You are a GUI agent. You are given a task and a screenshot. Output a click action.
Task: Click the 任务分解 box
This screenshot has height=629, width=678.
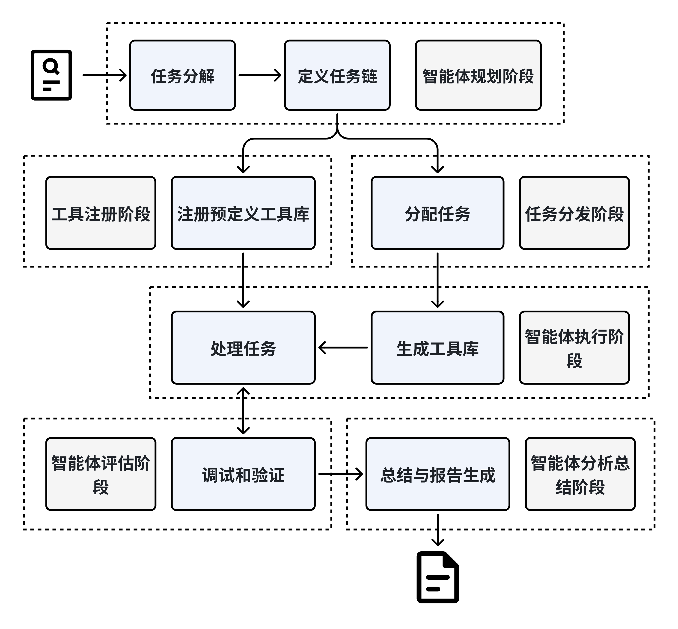182,75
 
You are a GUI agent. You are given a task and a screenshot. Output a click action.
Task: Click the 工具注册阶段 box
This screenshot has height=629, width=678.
101,213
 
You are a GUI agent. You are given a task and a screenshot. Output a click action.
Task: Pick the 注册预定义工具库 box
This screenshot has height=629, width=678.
243,213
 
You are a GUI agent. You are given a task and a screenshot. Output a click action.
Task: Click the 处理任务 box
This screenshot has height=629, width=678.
243,347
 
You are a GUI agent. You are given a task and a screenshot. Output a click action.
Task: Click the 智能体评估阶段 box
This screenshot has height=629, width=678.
101,474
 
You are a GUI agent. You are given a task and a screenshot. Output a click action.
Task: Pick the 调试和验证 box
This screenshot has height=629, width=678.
243,474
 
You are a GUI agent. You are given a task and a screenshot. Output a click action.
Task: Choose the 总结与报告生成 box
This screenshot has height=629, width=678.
437,474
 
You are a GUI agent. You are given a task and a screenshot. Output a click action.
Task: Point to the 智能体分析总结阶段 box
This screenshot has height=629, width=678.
580,474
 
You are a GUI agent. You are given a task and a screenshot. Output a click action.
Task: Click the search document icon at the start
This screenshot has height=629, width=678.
51,75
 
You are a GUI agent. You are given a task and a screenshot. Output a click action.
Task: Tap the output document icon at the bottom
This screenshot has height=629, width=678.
438,577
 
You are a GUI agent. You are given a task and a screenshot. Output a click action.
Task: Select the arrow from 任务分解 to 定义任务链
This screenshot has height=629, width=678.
260,75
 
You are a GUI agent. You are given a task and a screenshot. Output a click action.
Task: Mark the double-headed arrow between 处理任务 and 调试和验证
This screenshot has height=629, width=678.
243,411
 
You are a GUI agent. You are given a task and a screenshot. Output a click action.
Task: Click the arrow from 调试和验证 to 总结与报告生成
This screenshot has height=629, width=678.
340,474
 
